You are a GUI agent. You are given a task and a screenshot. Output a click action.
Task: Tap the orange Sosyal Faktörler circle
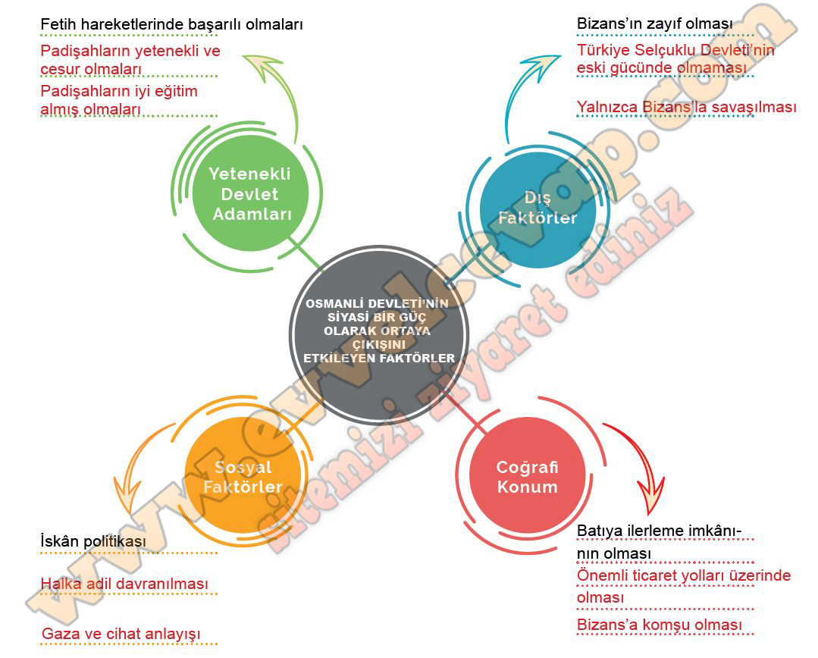(x=243, y=477)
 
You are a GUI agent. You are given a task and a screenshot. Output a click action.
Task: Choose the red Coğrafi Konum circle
(x=527, y=477)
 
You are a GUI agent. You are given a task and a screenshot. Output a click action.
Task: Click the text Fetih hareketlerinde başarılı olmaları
(x=171, y=24)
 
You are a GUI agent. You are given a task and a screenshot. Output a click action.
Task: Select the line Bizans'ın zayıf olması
(x=654, y=24)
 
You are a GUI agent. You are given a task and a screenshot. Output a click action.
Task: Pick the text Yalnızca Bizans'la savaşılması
(x=686, y=107)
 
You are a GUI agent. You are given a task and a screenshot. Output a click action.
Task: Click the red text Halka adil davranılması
(x=124, y=584)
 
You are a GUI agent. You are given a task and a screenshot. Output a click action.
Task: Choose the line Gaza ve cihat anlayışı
(x=121, y=633)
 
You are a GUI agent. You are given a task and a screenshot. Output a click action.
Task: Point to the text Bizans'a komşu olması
(x=659, y=625)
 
